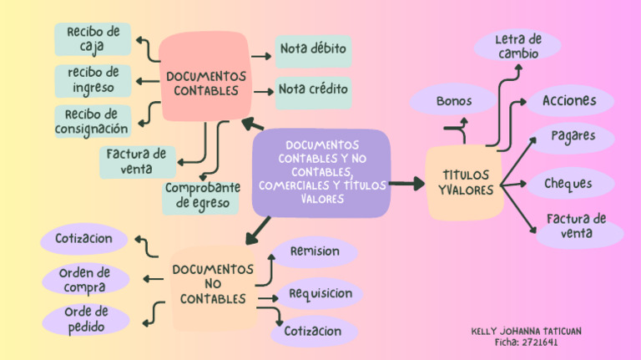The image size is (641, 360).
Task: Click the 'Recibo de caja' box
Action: coord(93,38)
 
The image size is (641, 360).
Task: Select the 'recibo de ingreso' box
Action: coord(93,80)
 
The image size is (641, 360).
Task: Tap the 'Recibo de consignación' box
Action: coord(92,121)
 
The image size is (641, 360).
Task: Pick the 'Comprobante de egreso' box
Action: coord(202,196)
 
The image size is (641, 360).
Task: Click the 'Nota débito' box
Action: coord(313,49)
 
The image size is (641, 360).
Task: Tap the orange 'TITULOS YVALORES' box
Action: coord(465,183)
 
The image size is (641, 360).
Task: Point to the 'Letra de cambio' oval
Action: coord(517,46)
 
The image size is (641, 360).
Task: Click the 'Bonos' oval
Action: coord(453,102)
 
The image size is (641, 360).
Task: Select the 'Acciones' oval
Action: coord(569,101)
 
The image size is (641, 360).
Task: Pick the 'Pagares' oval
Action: coord(572,136)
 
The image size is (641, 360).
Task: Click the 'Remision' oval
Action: coord(315,251)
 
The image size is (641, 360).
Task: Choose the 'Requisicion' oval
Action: coord(320,294)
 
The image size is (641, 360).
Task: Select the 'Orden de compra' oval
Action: coord(85,280)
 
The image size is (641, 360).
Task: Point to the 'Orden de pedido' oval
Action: coord(86,319)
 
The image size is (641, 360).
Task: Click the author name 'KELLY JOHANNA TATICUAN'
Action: coord(526,332)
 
